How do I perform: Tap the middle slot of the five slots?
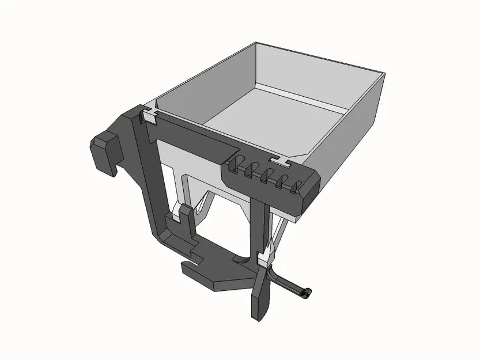point(267,175)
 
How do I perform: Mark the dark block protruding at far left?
point(104,151)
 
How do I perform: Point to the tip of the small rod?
point(308,293)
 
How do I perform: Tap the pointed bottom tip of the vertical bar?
point(256,314)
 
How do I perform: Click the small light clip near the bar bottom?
point(263,262)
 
